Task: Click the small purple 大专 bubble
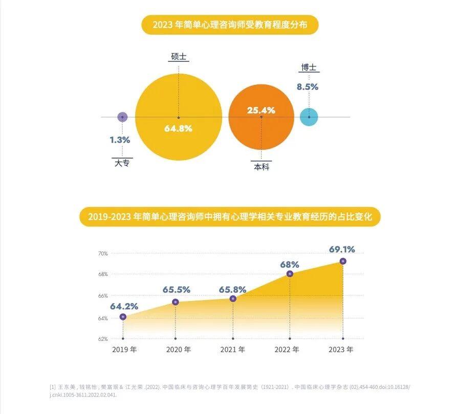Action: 122,117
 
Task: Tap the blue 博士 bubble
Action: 309,117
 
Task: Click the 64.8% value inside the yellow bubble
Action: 178,129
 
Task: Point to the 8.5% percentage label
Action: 308,87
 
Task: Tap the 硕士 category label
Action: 178,56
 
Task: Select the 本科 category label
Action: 262,167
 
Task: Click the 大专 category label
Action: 122,163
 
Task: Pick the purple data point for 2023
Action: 343,261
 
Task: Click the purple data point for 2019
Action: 123,317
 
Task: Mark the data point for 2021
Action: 233,298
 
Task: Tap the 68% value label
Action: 290,264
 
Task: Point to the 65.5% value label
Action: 177,290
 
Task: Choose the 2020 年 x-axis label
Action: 179,350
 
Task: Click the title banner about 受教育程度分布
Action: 230,25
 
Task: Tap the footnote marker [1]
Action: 53,387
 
